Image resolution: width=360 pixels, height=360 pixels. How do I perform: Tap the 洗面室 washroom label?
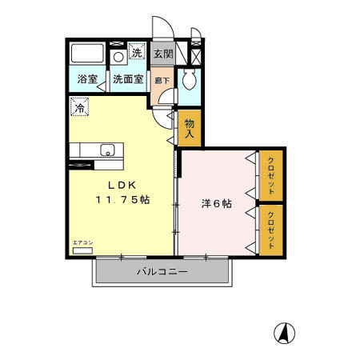(x=127, y=80)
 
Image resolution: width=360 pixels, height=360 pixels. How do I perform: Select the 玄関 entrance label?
(x=163, y=54)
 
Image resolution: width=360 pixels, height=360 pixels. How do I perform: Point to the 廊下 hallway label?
(x=162, y=80)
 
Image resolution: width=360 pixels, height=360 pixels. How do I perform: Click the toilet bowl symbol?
(x=189, y=79)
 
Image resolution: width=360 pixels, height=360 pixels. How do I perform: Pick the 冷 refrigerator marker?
(x=80, y=105)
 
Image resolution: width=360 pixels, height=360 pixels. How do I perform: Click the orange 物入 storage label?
(x=190, y=129)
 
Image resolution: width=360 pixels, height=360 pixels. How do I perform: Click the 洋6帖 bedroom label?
(x=216, y=204)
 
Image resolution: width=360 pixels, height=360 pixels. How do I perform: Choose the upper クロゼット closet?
(x=272, y=175)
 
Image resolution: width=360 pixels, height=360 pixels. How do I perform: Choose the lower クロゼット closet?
(x=272, y=230)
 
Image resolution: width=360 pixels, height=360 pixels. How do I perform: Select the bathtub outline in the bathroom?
(x=86, y=54)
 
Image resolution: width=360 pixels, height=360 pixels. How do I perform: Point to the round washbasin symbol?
(x=118, y=57)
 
